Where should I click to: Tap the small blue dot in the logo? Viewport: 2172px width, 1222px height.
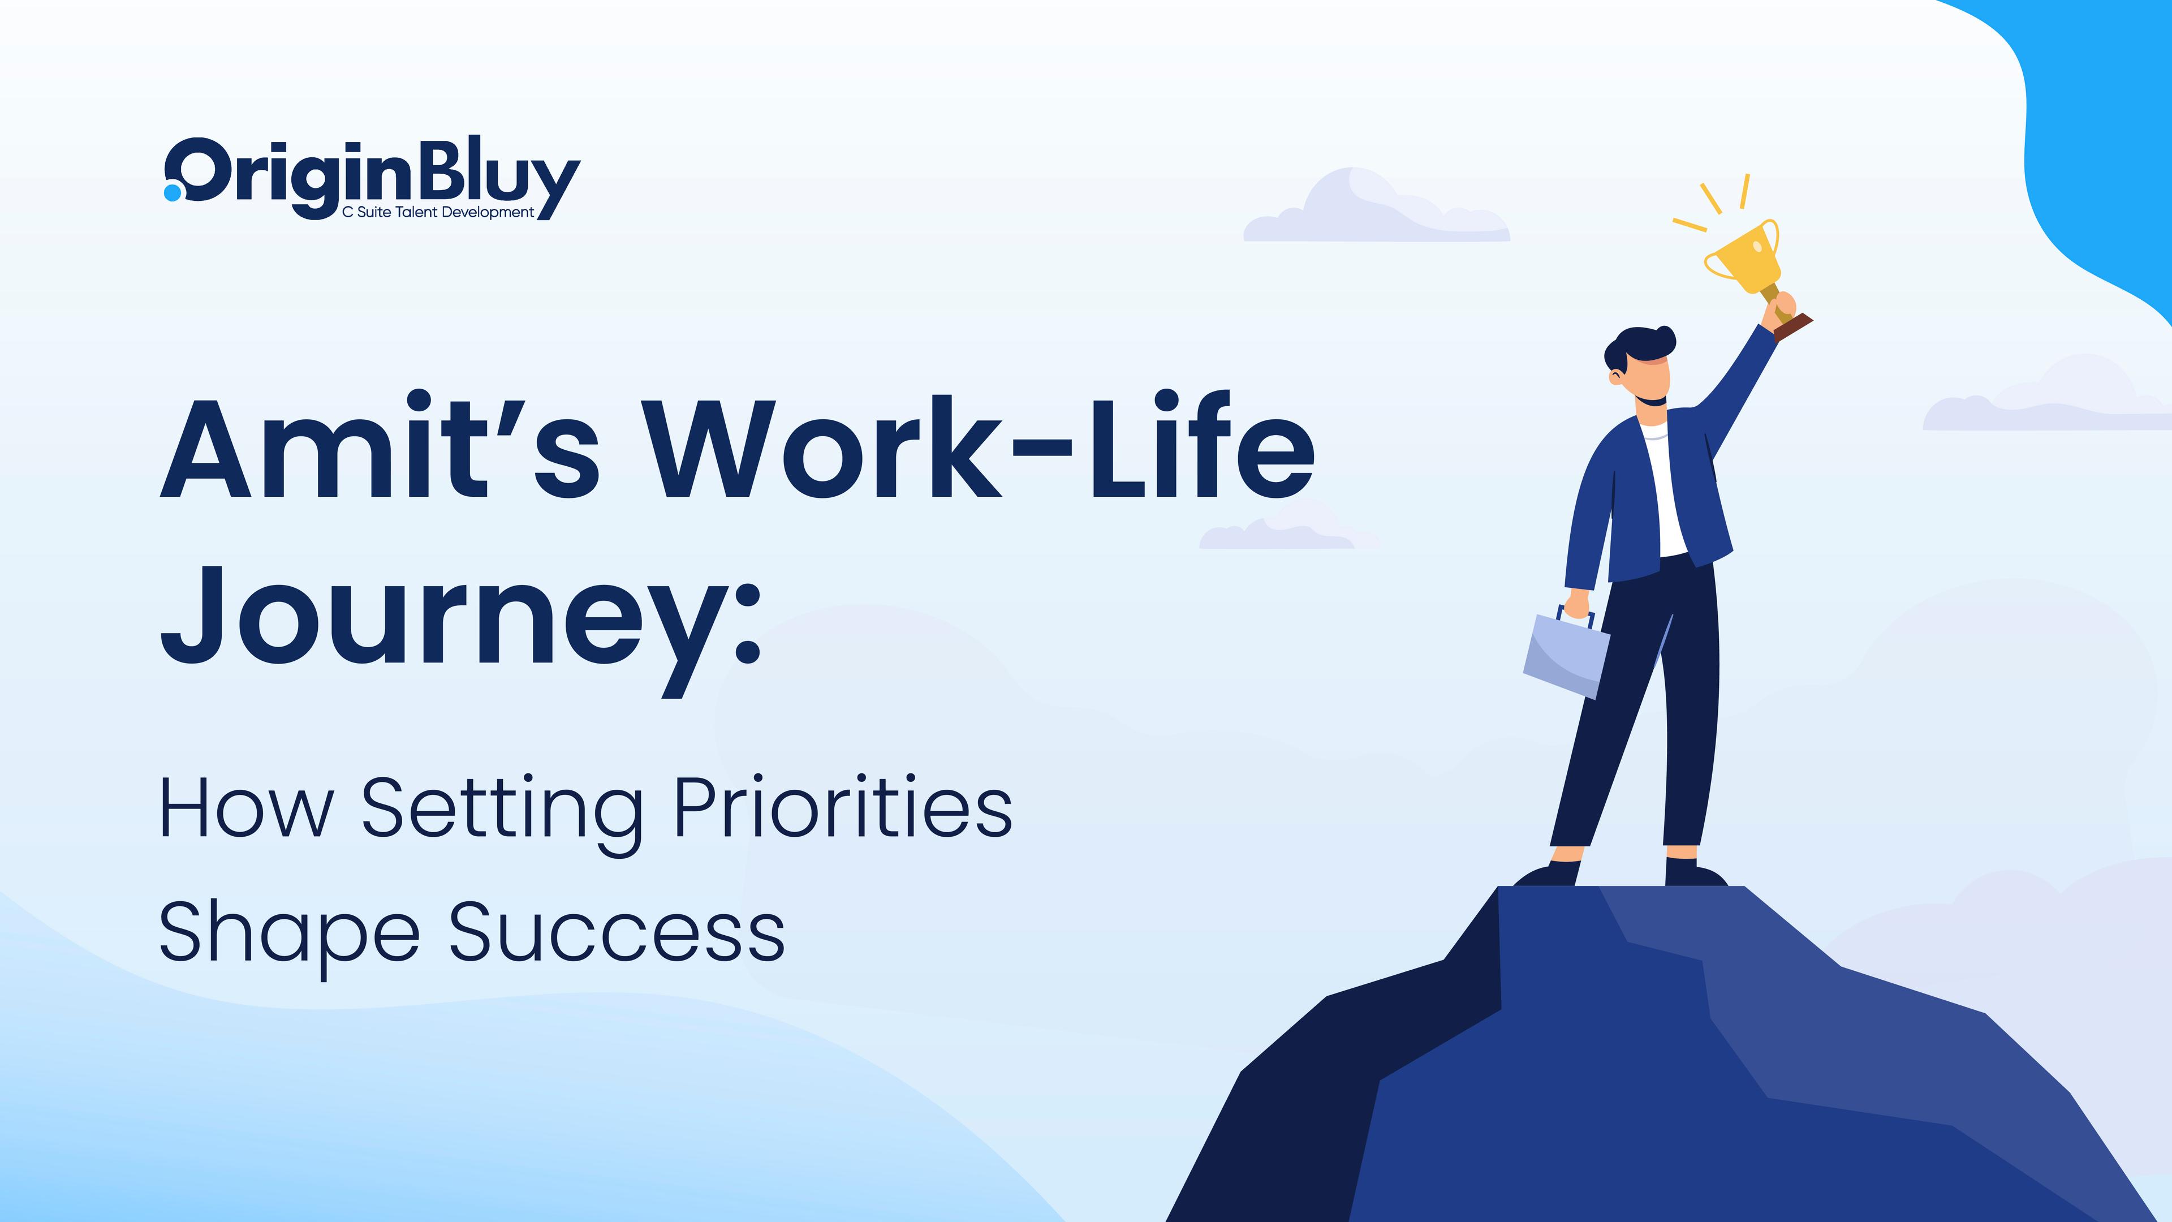click(x=172, y=193)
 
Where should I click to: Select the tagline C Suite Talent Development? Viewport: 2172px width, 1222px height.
click(x=438, y=213)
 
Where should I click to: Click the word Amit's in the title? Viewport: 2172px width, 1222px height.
click(x=380, y=447)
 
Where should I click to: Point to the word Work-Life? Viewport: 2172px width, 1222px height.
click(x=982, y=447)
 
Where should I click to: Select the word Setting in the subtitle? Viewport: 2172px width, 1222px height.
click(x=502, y=810)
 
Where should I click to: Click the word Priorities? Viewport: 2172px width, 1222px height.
click(x=843, y=810)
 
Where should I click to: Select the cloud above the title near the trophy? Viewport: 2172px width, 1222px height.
click(x=1374, y=211)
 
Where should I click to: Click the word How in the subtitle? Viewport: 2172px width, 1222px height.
click(x=245, y=810)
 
